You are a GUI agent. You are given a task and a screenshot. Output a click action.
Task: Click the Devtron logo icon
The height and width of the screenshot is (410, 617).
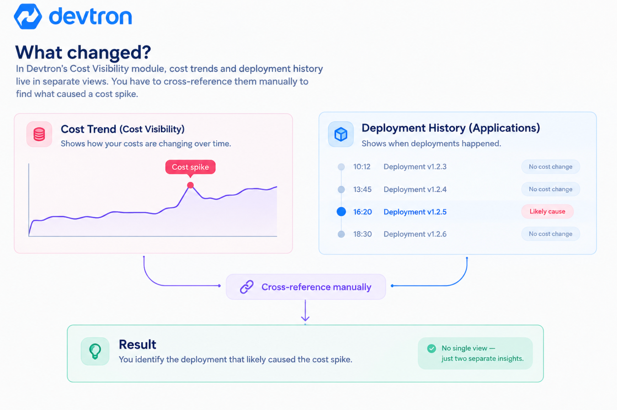coord(28,16)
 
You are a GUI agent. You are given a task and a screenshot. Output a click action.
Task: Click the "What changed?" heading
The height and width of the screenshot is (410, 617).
coord(83,52)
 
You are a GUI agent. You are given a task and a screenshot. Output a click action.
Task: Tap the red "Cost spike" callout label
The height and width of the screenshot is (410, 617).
coord(190,167)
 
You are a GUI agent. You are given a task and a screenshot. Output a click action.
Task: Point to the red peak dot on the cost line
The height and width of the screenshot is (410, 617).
coord(190,185)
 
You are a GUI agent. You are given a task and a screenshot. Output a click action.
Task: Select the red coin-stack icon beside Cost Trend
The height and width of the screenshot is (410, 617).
coord(39,134)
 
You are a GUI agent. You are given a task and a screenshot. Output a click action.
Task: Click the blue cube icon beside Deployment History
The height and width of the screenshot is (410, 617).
coord(341,134)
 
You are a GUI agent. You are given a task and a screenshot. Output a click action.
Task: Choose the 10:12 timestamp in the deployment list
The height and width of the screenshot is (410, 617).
coord(361,167)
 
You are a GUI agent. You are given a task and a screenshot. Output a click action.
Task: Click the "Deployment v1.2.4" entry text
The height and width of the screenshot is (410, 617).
coord(415,189)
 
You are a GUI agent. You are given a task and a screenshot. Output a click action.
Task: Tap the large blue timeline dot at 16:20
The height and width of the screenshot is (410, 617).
coord(341,211)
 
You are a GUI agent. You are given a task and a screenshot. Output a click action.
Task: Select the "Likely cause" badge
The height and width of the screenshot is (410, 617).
coord(547,211)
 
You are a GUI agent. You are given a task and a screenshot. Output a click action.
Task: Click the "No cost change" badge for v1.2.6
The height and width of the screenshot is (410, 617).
coord(551,234)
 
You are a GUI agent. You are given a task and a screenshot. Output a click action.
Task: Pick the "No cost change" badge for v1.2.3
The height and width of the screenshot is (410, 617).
coord(551,167)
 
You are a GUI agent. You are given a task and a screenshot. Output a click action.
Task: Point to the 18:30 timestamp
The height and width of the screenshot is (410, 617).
coord(363,234)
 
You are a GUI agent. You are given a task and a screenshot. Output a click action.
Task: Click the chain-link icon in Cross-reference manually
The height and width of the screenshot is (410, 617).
coord(246,287)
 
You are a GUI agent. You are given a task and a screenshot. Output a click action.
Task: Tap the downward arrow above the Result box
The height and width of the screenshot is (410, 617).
coord(305,311)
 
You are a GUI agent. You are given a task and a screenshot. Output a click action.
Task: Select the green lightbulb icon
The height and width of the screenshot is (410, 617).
coord(95,351)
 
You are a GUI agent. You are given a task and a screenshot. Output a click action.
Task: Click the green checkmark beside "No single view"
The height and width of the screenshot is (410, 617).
coord(432,349)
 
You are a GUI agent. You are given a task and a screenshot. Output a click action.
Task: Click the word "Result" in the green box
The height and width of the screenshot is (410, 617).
coord(137,344)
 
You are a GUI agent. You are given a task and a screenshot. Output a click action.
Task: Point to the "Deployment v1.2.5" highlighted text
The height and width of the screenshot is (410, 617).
coord(415,212)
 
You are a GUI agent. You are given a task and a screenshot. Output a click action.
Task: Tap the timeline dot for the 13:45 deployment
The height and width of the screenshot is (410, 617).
coord(341,189)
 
